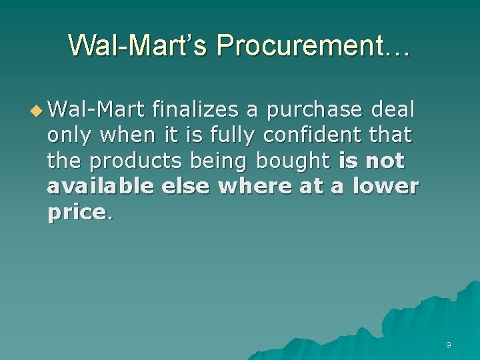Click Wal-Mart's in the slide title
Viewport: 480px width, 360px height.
137,45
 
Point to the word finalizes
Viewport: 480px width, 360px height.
194,108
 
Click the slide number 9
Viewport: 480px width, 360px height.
448,345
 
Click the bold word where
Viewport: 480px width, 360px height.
256,187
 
